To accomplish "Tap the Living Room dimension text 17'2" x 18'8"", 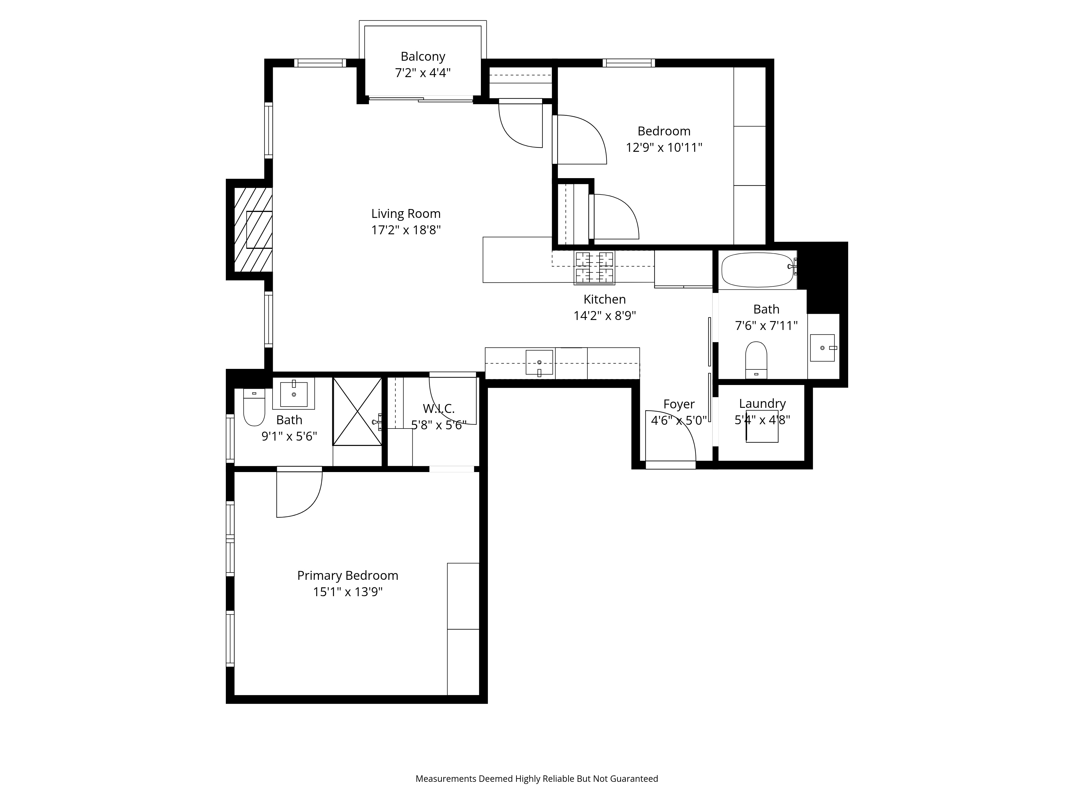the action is (x=406, y=230).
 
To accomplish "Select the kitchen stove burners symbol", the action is (x=594, y=267).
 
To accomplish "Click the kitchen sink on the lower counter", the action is (x=539, y=362).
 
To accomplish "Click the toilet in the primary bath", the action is (x=254, y=407).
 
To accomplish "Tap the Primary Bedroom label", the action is (x=348, y=576).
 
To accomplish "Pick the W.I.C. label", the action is (x=438, y=409).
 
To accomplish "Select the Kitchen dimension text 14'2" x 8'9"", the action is (x=604, y=316).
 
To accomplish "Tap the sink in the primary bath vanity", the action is (x=294, y=394).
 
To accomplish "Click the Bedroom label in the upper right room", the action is (x=664, y=131).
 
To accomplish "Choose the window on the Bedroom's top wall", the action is (x=629, y=63).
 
